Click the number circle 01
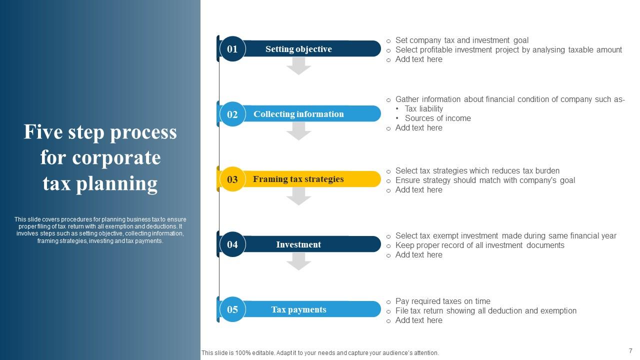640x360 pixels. click(x=232, y=49)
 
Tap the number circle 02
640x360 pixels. click(x=232, y=114)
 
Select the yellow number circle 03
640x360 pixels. click(x=232, y=179)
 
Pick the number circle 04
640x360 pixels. click(x=232, y=244)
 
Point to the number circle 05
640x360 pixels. click(x=232, y=309)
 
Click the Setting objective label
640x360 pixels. click(x=298, y=49)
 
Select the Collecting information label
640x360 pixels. click(x=298, y=114)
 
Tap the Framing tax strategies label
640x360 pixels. click(x=298, y=179)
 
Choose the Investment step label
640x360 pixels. click(x=298, y=244)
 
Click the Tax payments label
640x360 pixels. click(x=298, y=309)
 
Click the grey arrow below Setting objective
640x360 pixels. click(x=299, y=66)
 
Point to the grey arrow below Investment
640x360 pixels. click(x=299, y=261)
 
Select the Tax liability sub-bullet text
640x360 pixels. click(x=424, y=108)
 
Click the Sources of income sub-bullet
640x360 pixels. click(x=437, y=118)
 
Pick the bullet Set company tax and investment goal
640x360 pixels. click(x=461, y=40)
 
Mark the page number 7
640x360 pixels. click(x=630, y=351)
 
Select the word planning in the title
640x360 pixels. click(x=117, y=183)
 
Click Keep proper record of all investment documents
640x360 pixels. click(x=479, y=245)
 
